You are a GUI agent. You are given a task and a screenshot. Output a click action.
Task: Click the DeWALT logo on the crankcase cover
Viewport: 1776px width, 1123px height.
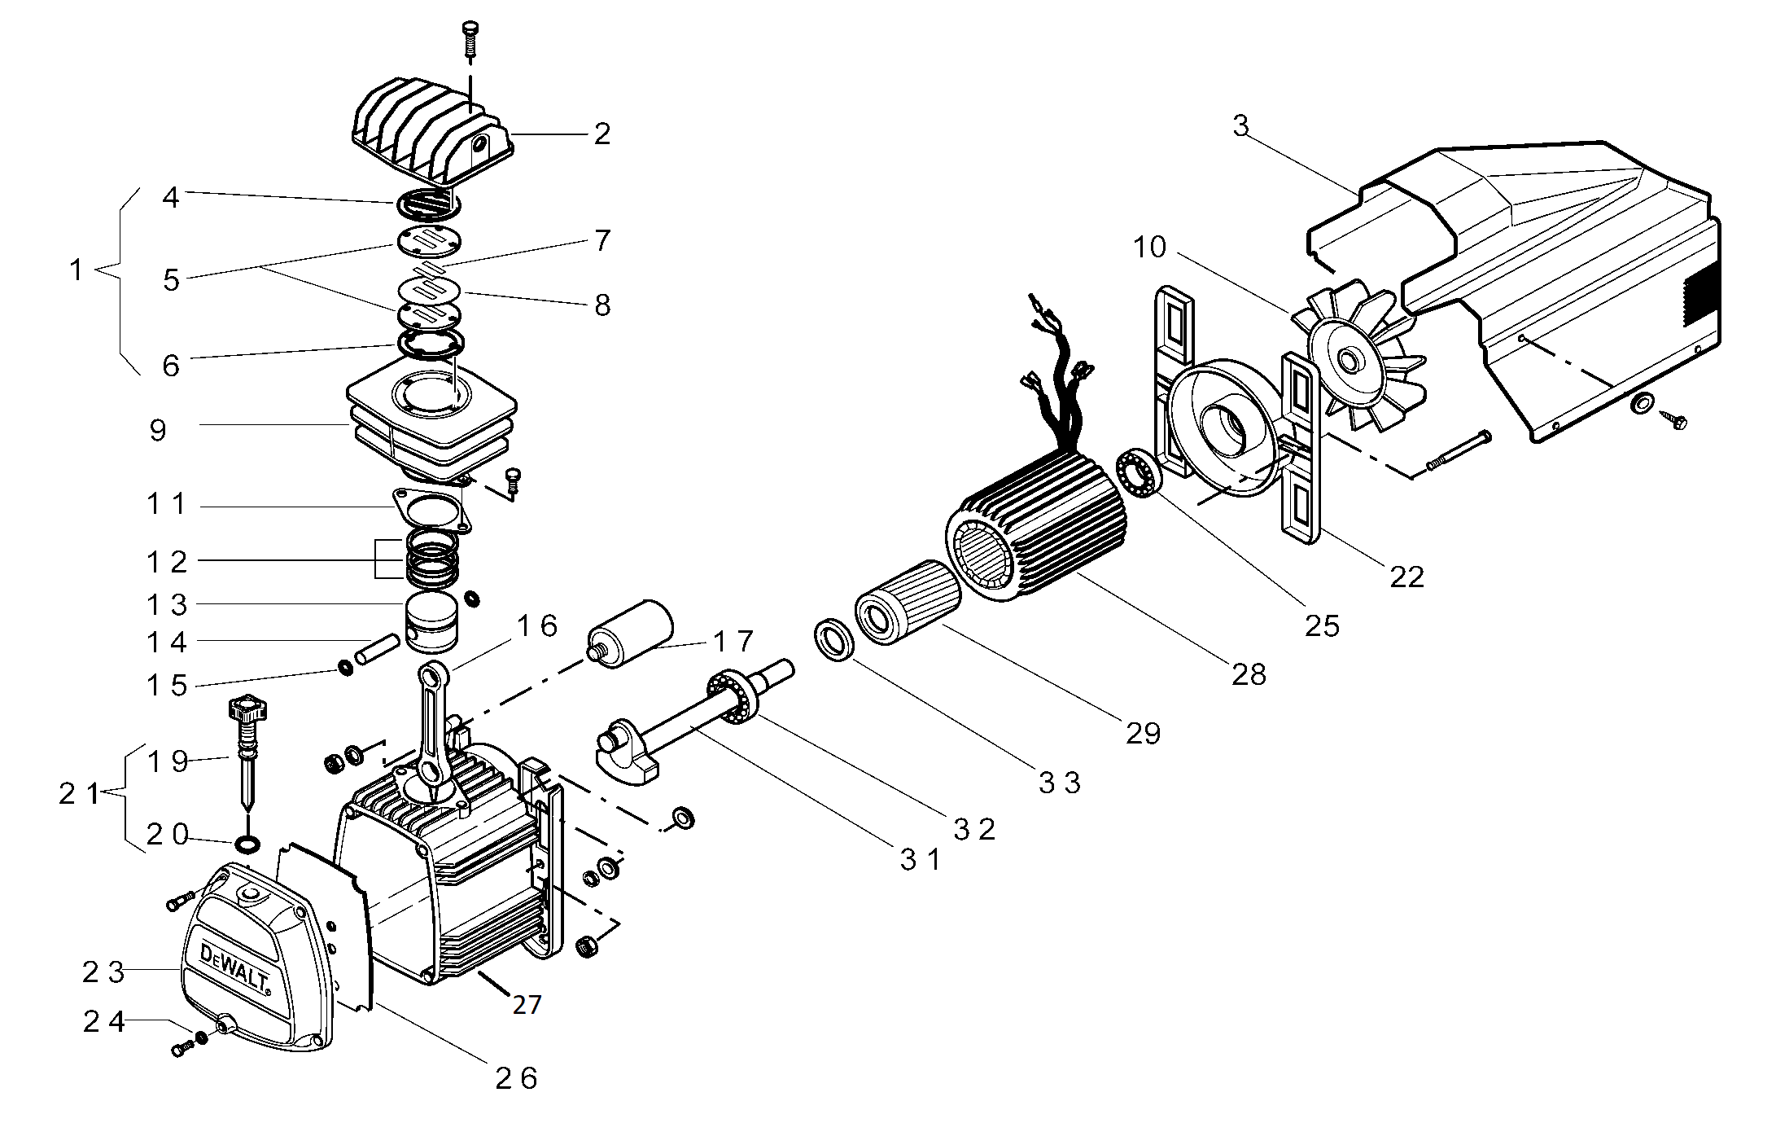click(x=235, y=968)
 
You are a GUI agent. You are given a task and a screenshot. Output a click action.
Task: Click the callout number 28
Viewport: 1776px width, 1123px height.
click(x=1249, y=674)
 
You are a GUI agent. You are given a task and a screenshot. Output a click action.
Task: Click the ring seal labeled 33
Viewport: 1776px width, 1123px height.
click(x=835, y=640)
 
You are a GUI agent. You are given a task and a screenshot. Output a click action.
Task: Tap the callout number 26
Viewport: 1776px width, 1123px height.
click(x=516, y=1078)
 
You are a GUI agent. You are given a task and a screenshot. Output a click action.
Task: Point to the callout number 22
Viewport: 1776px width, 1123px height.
click(x=1406, y=577)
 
